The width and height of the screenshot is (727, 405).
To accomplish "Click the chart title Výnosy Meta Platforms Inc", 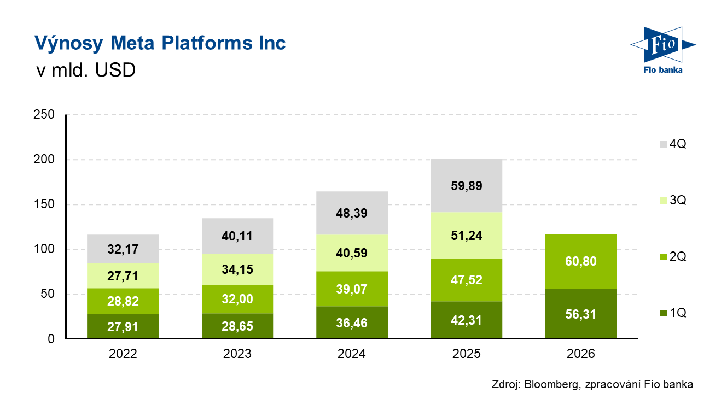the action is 160,43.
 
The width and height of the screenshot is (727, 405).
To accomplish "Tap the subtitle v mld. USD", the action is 86,70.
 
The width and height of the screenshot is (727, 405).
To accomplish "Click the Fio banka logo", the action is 663,50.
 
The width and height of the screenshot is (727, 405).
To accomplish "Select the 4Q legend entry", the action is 673,144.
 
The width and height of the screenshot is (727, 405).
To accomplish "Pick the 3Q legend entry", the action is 673,201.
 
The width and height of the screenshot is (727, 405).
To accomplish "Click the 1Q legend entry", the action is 673,313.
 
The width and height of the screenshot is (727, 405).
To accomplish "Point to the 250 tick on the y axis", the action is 44,114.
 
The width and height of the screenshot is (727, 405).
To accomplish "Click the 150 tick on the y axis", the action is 44,204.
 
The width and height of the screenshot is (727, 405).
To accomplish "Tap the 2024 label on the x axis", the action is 352,354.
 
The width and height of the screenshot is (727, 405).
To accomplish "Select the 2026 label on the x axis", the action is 580,354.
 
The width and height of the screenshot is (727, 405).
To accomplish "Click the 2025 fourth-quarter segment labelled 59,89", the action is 467,185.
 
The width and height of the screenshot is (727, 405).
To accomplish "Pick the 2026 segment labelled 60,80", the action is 580,261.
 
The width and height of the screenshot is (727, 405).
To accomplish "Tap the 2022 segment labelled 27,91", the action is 123,326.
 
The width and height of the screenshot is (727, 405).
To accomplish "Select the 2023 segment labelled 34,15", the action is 237,269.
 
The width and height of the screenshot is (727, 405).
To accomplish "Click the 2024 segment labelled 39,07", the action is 352,289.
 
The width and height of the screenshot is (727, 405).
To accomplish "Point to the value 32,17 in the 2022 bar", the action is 123,249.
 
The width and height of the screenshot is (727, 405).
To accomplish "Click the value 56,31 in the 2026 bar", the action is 580,314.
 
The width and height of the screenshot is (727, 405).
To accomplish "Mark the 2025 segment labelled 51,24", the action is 467,236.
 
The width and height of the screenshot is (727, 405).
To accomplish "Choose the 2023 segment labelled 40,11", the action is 237,236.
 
